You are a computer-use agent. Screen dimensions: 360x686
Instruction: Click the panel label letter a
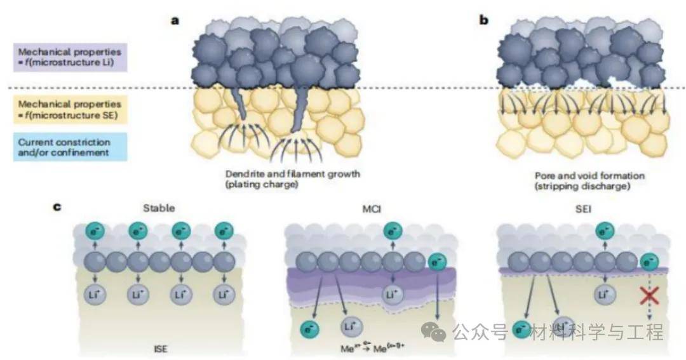(x=175, y=20)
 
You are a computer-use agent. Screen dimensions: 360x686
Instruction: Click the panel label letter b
(x=484, y=20)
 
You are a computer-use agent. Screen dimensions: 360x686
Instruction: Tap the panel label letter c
(x=57, y=206)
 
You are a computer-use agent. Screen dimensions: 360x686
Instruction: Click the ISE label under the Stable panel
(x=161, y=348)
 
